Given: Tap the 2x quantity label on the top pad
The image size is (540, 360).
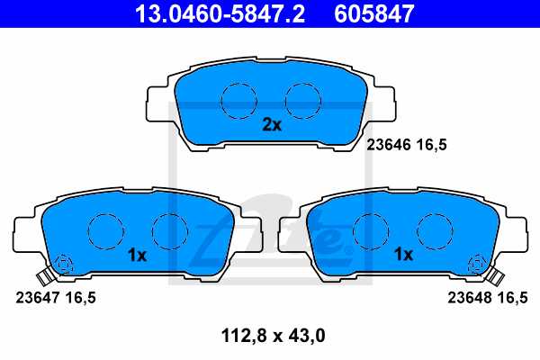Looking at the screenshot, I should pos(272,125).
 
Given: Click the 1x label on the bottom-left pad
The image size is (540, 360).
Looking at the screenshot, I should pos(137,255).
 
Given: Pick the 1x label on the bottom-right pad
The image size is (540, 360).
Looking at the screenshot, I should pos(404,255).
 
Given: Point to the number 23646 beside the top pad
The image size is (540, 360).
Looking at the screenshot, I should pos(387,143).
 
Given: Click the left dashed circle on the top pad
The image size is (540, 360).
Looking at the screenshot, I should pos(238,98).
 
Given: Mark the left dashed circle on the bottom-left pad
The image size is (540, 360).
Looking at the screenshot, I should pos(105,230).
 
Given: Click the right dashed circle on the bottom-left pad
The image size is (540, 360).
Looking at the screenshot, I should pos(168,230).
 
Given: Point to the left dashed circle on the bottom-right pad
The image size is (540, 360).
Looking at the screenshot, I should pos(371,230).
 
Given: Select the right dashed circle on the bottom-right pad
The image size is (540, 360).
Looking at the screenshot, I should pos(434,230).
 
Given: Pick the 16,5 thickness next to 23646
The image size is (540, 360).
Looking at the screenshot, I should pos(430,143).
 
